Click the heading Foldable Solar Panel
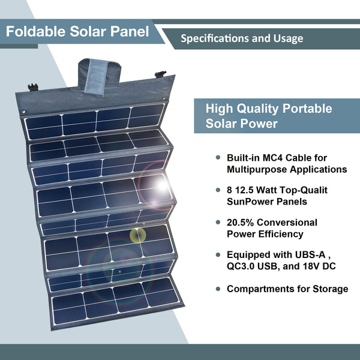point(77,31)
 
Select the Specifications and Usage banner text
point(242,38)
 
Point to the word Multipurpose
point(254,169)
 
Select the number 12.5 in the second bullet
point(248,190)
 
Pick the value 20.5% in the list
point(241,222)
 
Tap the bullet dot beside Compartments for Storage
point(217,289)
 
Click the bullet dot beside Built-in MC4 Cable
point(217,158)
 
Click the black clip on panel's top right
point(160,75)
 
